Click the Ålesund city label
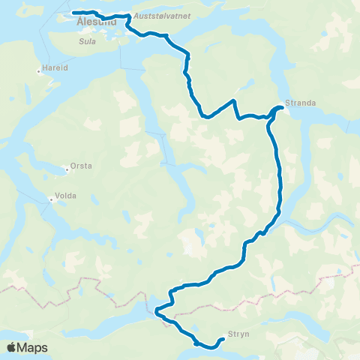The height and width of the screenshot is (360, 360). coord(96,23)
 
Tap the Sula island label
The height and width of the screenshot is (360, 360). coord(86,43)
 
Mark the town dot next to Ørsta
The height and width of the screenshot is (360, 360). coord(67,169)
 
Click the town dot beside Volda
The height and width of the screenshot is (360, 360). coord(51,199)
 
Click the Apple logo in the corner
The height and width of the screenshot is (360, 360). coord(11,348)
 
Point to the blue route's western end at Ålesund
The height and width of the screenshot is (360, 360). coord(73,13)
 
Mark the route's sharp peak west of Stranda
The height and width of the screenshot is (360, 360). coord(235,100)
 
